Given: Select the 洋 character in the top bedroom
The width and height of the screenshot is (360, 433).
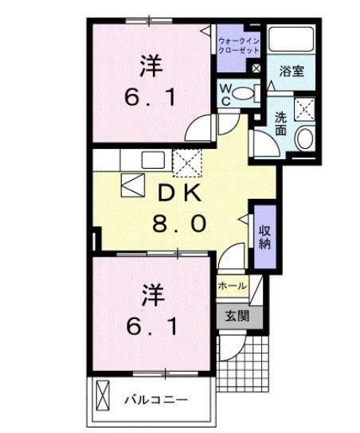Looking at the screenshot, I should [151, 64].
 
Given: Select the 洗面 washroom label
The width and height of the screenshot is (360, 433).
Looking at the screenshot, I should [281, 123].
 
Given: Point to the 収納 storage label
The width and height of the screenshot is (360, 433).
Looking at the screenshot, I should [263, 233].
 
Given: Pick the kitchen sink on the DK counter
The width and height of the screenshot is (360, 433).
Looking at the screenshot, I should [154, 159].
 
